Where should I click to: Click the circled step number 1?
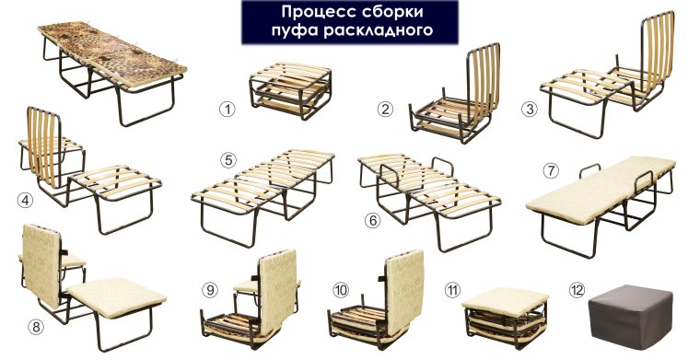pyautogui.click(x=227, y=109)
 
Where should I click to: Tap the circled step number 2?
pyautogui.click(x=385, y=109)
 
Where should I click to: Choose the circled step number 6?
pyautogui.click(x=372, y=221)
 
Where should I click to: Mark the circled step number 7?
pyautogui.click(x=551, y=170)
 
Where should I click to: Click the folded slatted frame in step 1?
pyautogui.click(x=283, y=88)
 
